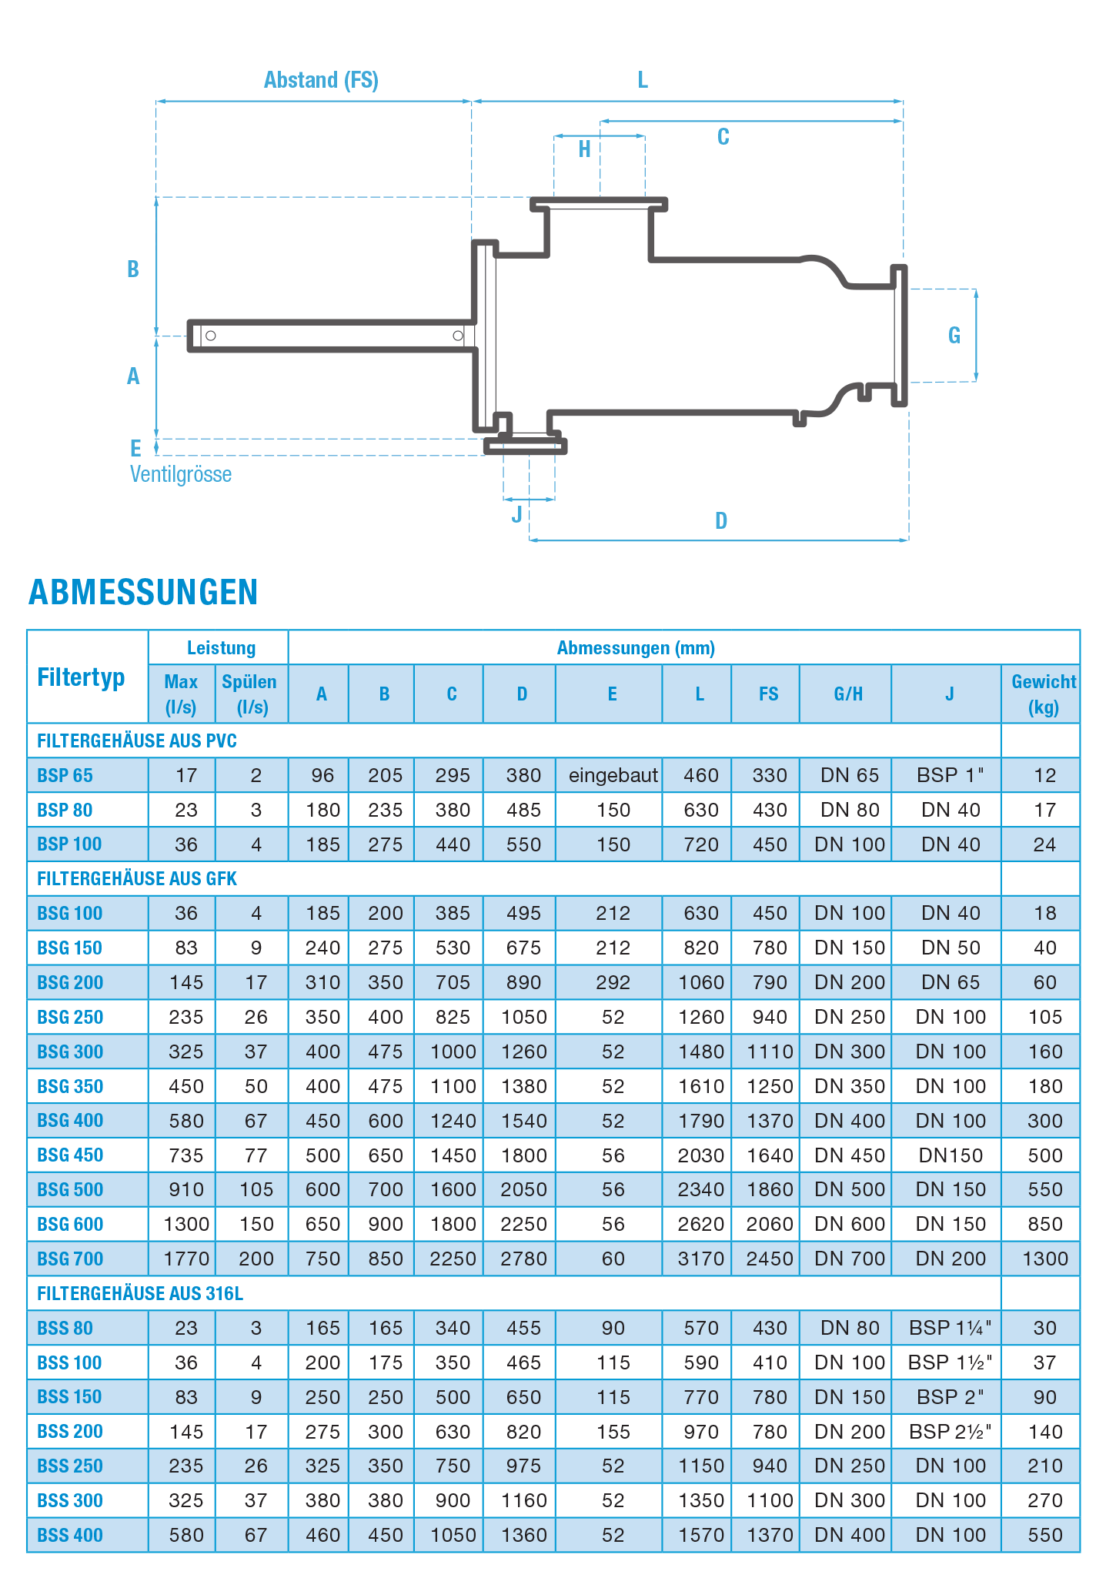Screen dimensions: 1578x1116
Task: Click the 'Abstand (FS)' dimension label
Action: tap(321, 80)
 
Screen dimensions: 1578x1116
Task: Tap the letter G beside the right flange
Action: tap(954, 335)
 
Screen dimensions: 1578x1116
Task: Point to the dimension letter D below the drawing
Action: tap(721, 521)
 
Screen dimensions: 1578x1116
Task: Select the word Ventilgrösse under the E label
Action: tap(181, 474)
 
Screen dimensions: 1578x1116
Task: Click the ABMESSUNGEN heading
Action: tap(143, 592)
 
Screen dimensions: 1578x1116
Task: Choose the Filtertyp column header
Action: tap(81, 678)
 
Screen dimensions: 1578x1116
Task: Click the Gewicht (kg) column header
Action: tap(1043, 694)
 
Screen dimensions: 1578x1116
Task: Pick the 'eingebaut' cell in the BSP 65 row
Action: tap(613, 776)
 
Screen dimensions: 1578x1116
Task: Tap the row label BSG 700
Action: tap(70, 1259)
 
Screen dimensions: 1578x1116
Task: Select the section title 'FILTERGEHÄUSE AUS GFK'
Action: tap(137, 879)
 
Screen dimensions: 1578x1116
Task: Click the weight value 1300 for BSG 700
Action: tap(1044, 1259)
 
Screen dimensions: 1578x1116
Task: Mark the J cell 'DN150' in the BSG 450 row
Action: tap(951, 1155)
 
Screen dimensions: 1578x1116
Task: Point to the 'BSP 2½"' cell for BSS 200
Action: tap(951, 1432)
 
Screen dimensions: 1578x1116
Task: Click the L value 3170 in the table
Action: tap(700, 1259)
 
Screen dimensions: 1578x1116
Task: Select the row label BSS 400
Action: tap(70, 1536)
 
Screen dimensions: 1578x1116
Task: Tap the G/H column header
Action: tap(848, 694)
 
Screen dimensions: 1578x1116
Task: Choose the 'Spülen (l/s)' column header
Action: tap(250, 694)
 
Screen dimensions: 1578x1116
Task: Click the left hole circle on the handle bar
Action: tap(211, 336)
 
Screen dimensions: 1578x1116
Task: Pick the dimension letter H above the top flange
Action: tap(585, 149)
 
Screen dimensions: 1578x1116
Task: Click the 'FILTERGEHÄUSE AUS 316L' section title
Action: tap(140, 1294)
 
